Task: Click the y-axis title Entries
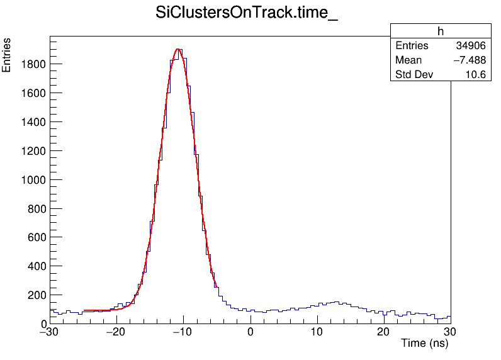click(7, 55)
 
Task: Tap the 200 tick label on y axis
click(36, 295)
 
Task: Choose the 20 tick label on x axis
click(384, 332)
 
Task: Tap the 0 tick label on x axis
click(250, 332)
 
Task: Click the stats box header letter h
click(441, 32)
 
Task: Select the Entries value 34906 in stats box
click(471, 46)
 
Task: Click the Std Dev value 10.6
click(475, 75)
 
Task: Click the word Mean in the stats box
click(408, 60)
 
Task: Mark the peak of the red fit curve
click(179, 49)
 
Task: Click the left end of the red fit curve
click(84, 310)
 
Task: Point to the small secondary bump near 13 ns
click(337, 303)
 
